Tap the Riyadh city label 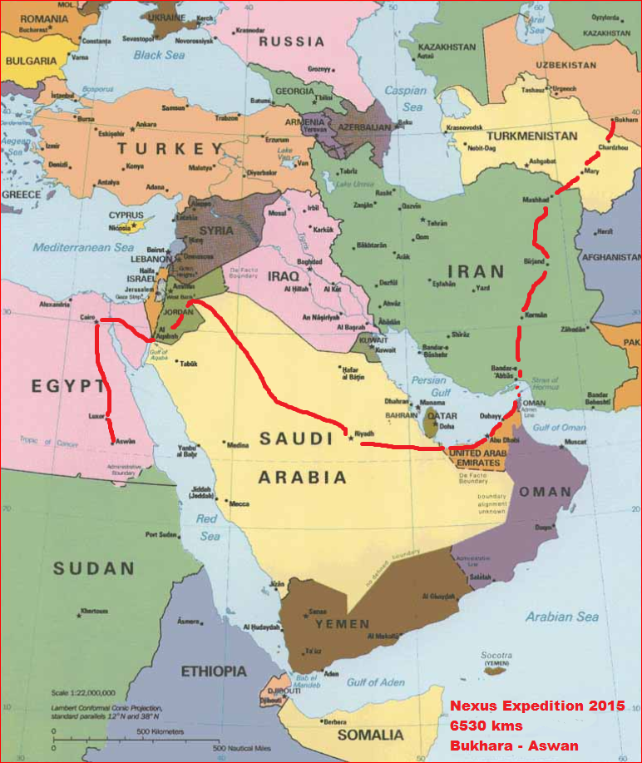coord(365,434)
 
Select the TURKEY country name coord(171,149)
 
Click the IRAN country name coord(476,271)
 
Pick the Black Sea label coord(159,55)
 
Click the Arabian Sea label coord(561,617)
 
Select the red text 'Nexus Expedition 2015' coord(537,706)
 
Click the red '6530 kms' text coord(481,726)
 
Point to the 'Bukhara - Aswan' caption coord(514,746)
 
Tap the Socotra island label coord(497,655)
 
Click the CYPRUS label coord(126,216)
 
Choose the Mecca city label coord(239,503)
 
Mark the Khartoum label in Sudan coord(93,612)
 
